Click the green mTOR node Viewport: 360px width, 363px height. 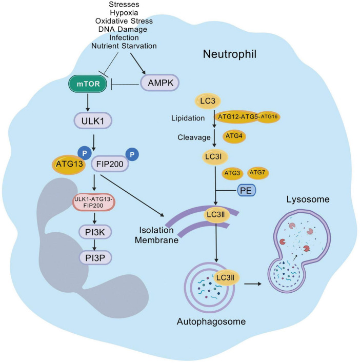coord(88,84)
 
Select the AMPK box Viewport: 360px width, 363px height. coord(160,83)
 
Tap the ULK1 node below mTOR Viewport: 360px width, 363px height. coord(93,120)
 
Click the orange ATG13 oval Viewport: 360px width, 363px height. coord(69,165)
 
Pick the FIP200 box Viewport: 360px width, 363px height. coord(110,164)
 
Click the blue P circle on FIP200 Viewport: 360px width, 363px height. coord(132,154)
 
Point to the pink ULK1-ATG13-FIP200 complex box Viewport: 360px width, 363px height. coord(93,203)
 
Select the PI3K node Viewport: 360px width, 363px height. coord(95,232)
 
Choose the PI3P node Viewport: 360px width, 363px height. coord(95,258)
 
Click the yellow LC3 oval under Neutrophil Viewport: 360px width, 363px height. coord(208,101)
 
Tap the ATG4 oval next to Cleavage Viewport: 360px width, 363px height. coord(234,136)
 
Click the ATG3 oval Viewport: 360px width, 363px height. coord(232,173)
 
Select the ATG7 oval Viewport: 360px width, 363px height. coord(257,172)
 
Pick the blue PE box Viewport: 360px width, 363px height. coord(247,190)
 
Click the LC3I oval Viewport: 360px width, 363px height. coord(215,157)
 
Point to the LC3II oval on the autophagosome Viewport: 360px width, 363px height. coord(226,277)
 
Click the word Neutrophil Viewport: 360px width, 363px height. coord(230,54)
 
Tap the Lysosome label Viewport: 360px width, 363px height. coord(308,199)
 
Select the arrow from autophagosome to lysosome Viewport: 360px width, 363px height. coord(253,284)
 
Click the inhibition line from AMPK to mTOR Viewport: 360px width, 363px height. coord(125,85)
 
